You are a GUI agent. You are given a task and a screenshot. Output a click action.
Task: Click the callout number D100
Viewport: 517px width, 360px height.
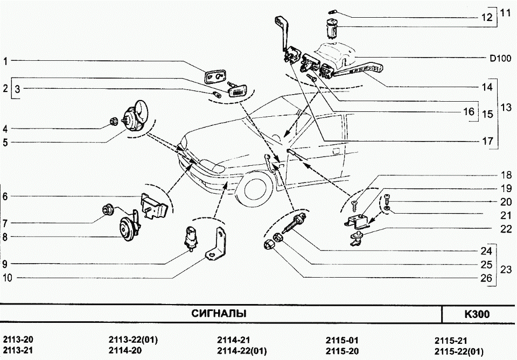(500, 59)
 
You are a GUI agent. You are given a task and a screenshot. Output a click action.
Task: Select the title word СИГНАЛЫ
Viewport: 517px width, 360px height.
(219, 313)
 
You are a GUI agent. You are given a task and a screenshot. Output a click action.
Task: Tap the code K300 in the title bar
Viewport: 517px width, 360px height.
(477, 314)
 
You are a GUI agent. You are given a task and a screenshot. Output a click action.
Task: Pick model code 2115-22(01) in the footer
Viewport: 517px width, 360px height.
(459, 351)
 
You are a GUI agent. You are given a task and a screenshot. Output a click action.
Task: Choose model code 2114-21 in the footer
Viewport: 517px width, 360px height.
(233, 340)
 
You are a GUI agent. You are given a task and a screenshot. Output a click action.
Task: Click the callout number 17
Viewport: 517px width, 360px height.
(487, 142)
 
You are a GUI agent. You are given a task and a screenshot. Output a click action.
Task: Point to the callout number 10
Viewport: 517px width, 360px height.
(8, 278)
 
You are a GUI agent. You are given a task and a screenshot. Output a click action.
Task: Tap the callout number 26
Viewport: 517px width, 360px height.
(486, 278)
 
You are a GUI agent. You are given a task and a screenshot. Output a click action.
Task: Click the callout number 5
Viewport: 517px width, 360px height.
(5, 143)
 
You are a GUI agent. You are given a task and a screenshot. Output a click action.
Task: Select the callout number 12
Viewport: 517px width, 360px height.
(487, 17)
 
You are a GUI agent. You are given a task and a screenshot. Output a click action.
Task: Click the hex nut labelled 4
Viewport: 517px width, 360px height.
(113, 122)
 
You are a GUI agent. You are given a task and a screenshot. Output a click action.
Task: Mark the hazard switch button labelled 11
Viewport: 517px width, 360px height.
(331, 29)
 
